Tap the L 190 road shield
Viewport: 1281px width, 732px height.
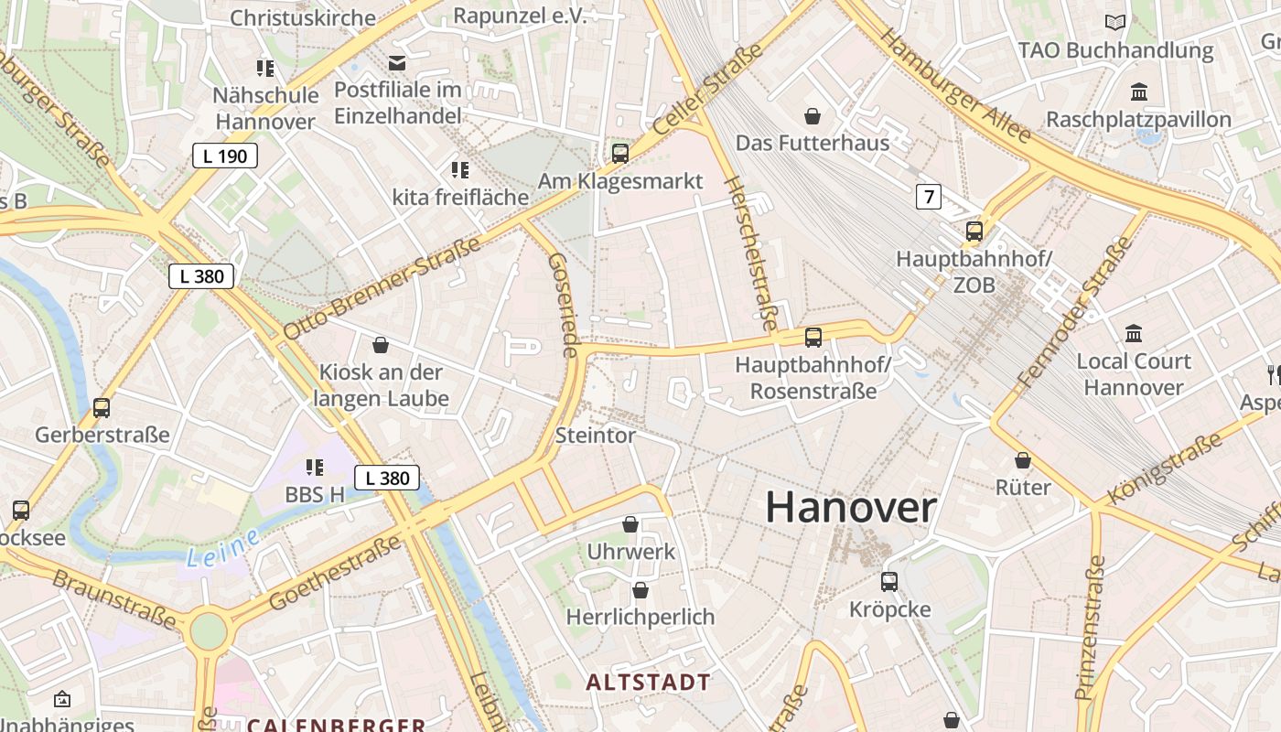pyautogui.click(x=225, y=156)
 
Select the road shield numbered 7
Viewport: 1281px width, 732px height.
pyautogui.click(x=929, y=196)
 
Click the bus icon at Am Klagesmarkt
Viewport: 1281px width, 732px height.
pyautogui.click(x=620, y=153)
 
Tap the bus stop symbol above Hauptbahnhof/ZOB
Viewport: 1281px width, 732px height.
pyautogui.click(x=974, y=231)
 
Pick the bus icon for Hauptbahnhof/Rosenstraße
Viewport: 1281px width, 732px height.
pyautogui.click(x=813, y=338)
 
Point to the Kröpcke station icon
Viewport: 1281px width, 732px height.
pyautogui.click(x=888, y=581)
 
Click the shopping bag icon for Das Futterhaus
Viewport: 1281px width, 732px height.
pyautogui.click(x=812, y=115)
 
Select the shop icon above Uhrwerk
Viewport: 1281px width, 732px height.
pyautogui.click(x=630, y=524)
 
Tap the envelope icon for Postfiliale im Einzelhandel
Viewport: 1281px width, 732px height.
pyautogui.click(x=397, y=63)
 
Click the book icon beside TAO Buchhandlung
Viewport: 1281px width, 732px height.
pyautogui.click(x=1115, y=22)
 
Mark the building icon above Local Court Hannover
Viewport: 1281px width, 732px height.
pyautogui.click(x=1134, y=333)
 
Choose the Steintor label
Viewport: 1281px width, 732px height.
pyautogui.click(x=596, y=436)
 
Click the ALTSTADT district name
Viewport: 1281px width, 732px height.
pyautogui.click(x=649, y=683)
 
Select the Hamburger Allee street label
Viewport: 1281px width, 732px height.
pyautogui.click(x=955, y=85)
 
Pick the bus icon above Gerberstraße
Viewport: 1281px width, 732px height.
pyautogui.click(x=102, y=408)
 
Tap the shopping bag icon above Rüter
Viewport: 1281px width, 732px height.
pyautogui.click(x=1023, y=460)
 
